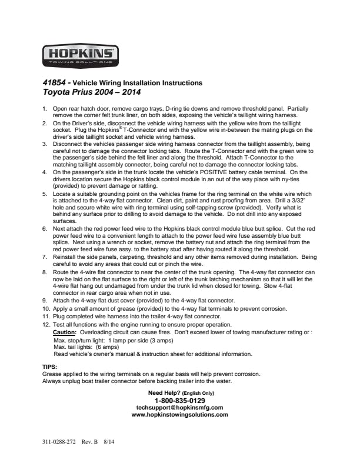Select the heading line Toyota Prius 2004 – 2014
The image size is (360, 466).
(x=92, y=92)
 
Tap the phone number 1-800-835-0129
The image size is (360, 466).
(x=179, y=400)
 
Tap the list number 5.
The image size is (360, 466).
(x=45, y=193)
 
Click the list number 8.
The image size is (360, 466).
(x=45, y=273)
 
